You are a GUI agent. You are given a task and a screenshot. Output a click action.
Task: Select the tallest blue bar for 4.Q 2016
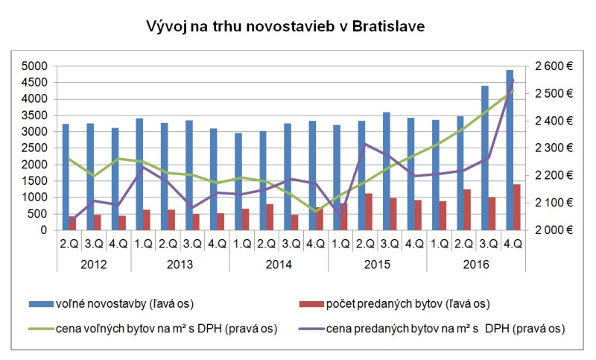[x=510, y=149]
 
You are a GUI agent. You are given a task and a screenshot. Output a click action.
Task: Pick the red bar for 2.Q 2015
[x=368, y=212]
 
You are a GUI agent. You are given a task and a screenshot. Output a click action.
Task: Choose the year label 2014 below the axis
[x=279, y=264]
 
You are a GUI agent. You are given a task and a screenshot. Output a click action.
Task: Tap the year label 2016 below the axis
[x=476, y=264]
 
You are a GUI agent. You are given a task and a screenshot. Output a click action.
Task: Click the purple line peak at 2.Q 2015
[x=364, y=144]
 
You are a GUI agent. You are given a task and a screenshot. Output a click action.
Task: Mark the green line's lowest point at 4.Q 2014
[x=315, y=211]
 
